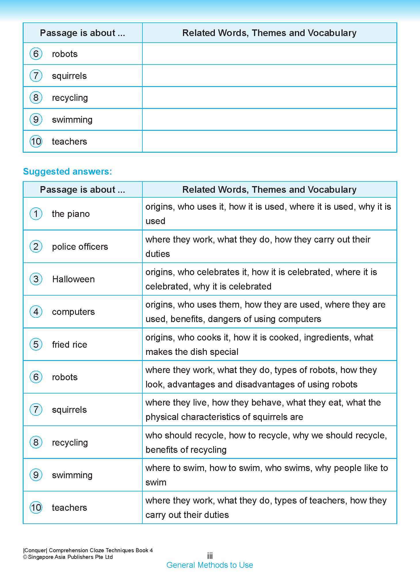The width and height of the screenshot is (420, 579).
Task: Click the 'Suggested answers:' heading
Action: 67,172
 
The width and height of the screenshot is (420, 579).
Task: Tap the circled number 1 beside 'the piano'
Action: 36,214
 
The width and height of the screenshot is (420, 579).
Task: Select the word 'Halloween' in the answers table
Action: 73,279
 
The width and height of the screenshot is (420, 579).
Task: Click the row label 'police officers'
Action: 80,247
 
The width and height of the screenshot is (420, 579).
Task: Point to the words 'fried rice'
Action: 69,345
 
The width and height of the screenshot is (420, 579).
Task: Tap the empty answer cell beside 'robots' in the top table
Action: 269,54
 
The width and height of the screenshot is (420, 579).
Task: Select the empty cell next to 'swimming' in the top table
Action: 269,120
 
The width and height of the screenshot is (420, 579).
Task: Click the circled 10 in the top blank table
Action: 36,141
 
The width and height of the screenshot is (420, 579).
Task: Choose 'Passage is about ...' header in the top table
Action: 83,33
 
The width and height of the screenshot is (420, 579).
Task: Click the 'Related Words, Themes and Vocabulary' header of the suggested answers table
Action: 269,190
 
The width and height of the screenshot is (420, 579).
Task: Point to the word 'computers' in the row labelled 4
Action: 73,312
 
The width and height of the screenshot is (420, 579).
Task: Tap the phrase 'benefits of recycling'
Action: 186,450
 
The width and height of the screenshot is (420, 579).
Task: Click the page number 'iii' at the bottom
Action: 210,556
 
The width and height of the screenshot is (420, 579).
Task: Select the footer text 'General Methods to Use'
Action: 210,565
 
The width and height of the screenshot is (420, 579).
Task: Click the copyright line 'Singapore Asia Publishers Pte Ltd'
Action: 70,557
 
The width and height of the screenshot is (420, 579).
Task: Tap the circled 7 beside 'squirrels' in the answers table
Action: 36,410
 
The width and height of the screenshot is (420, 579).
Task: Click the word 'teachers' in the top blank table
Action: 69,141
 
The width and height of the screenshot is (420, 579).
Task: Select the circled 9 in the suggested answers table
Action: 36,475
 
